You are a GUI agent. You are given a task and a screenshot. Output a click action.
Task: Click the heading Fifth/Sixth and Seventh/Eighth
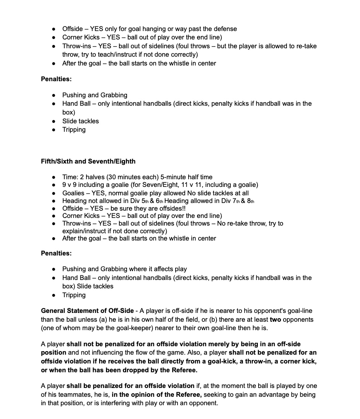coord(88,161)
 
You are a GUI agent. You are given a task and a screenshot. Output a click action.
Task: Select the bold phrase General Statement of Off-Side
coord(87,311)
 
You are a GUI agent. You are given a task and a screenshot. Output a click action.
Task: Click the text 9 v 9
coord(70,185)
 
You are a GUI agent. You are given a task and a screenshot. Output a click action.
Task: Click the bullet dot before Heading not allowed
coord(54,201)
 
